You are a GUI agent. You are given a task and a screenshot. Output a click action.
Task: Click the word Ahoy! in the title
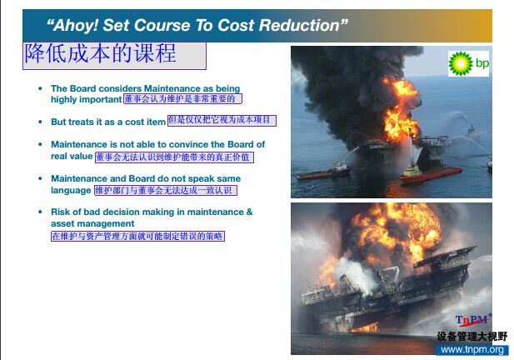pos(76,26)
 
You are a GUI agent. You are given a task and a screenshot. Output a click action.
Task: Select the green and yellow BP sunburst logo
pos(461,63)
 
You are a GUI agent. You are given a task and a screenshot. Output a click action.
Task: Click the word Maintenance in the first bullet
pos(172,88)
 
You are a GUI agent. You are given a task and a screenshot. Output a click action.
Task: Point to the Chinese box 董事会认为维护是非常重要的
pos(182,98)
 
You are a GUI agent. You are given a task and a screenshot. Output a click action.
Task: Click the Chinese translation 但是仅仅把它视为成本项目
pos(222,120)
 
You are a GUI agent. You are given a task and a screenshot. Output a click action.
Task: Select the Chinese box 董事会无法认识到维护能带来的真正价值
pos(174,157)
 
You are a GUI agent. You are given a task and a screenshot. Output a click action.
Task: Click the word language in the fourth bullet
pos(71,191)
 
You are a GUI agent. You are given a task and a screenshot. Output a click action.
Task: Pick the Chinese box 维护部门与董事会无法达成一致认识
pos(166,191)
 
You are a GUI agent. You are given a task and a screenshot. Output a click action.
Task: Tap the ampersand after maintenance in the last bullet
pos(249,212)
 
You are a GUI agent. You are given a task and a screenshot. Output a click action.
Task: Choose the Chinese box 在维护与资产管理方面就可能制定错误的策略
pos(137,237)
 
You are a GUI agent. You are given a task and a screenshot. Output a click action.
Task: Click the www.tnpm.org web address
pos(472,350)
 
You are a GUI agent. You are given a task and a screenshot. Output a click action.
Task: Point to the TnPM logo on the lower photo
pos(473,320)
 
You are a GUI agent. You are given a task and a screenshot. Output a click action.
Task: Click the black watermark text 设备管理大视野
pos(472,337)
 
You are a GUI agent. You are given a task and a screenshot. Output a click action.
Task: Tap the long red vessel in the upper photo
pos(431,174)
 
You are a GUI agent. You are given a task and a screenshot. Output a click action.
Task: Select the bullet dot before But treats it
pos(40,122)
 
